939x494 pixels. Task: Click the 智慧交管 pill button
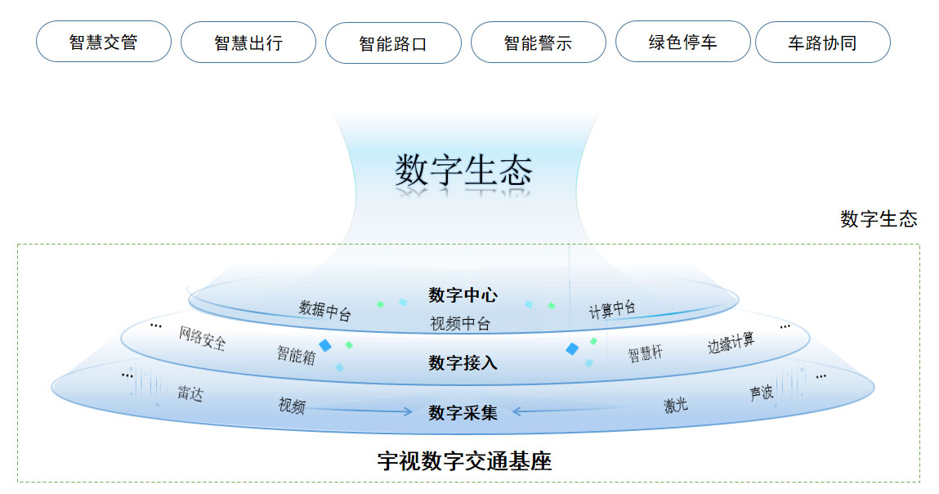pos(104,42)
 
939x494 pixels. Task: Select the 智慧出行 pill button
pos(248,43)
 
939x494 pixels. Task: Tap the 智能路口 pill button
pos(393,43)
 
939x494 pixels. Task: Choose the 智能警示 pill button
pos(539,43)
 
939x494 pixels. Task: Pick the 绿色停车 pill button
pos(682,42)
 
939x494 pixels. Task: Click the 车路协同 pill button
pos(822,43)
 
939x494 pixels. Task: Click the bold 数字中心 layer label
pos(463,295)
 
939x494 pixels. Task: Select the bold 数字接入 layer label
pos(463,362)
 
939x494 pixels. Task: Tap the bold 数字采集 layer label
pos(463,413)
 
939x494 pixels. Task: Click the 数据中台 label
pos(324,310)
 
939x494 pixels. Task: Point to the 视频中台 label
pos(460,324)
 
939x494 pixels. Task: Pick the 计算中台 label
pos(612,309)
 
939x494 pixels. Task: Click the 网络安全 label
pos(202,338)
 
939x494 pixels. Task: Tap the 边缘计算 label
pos(731,343)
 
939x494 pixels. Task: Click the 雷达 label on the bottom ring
pos(190,393)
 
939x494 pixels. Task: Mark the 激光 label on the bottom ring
pos(676,404)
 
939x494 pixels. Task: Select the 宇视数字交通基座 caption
pos(464,461)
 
